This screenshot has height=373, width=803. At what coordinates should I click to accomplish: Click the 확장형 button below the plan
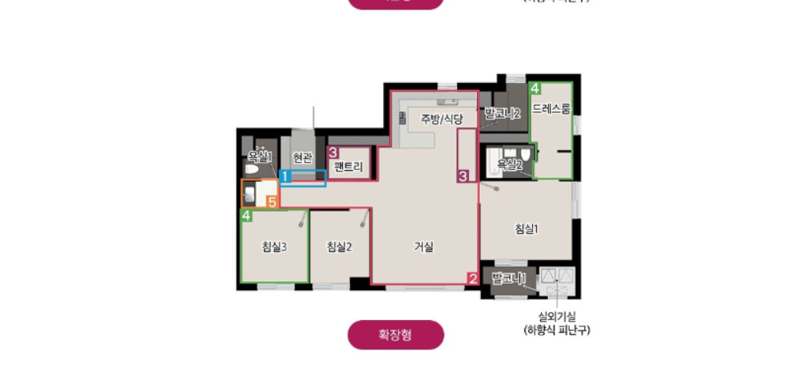(x=396, y=335)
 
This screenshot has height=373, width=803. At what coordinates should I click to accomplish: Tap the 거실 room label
(x=424, y=247)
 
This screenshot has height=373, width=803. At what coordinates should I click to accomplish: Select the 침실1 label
(x=527, y=229)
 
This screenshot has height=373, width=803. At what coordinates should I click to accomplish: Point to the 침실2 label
(x=339, y=247)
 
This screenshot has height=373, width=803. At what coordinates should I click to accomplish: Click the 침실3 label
(x=274, y=247)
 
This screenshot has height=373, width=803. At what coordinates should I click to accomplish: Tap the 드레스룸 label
(x=551, y=108)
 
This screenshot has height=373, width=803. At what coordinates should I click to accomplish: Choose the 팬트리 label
(x=348, y=167)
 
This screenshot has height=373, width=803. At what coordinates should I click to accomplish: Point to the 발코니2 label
(x=503, y=114)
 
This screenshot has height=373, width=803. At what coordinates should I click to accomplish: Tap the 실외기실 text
(x=557, y=316)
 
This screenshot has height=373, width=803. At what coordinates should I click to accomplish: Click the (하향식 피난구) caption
(x=557, y=330)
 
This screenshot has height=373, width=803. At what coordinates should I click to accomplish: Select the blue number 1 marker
(x=286, y=177)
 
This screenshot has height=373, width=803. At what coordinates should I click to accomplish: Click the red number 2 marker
(x=472, y=278)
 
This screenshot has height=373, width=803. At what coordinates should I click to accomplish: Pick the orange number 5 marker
(x=272, y=202)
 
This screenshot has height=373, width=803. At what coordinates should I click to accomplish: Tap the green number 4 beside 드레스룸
(x=535, y=88)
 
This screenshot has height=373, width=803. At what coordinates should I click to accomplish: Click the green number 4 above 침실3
(x=247, y=215)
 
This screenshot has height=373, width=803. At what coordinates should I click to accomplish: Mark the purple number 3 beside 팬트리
(x=333, y=152)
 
